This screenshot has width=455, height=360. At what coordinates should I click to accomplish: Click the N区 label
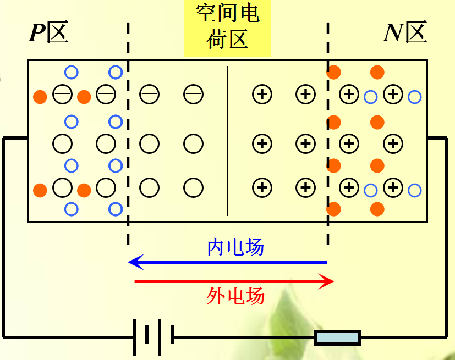pyautogui.click(x=405, y=34)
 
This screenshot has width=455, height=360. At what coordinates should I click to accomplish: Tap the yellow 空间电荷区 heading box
pyautogui.click(x=227, y=28)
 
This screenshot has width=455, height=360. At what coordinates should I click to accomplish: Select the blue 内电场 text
pyautogui.click(x=235, y=248)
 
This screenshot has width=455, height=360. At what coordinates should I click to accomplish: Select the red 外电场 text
pyautogui.click(x=235, y=296)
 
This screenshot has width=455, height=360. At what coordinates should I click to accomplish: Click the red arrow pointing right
pyautogui.click(x=234, y=282)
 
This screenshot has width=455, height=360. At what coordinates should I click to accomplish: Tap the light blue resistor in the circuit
pyautogui.click(x=337, y=337)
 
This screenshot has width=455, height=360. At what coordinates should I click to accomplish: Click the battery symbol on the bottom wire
pyautogui.click(x=154, y=336)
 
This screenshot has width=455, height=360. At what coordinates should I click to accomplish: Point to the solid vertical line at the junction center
pyautogui.click(x=227, y=140)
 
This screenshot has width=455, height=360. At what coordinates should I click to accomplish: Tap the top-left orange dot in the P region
pyautogui.click(x=40, y=97)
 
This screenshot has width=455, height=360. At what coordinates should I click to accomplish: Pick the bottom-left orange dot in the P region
pyautogui.click(x=40, y=190)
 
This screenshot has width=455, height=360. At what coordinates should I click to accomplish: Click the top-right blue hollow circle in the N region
pyautogui.click(x=415, y=97)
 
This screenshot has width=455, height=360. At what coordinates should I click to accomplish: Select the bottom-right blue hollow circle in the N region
pyautogui.click(x=415, y=191)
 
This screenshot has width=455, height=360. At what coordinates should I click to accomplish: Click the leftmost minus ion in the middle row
pyautogui.click(x=62, y=144)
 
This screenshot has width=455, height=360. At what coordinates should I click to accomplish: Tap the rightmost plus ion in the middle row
pyautogui.click(x=392, y=144)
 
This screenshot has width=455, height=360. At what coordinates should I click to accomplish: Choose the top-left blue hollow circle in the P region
pyautogui.click(x=72, y=72)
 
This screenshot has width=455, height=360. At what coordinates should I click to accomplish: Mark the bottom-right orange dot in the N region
pyautogui.click(x=377, y=209)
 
